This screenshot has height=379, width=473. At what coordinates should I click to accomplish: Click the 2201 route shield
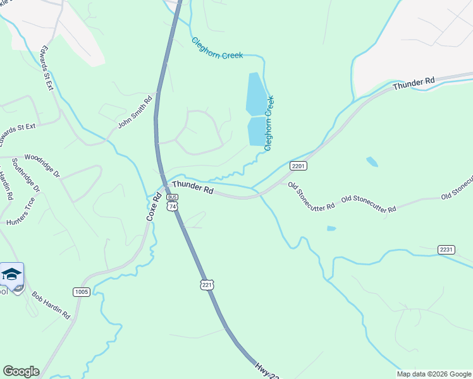[x=298, y=165]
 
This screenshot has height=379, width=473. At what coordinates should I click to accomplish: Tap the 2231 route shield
[x=446, y=250]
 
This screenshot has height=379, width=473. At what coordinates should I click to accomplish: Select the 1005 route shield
[x=82, y=292]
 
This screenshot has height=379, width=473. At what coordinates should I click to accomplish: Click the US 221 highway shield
[x=207, y=285]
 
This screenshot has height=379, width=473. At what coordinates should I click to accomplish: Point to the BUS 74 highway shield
[x=172, y=202]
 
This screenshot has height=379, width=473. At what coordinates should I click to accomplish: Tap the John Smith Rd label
[x=135, y=112]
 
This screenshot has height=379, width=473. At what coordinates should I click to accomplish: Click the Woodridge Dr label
[x=42, y=165]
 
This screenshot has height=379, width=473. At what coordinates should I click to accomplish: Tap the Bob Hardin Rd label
[x=51, y=305]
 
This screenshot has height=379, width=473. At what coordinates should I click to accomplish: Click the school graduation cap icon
[x=11, y=274]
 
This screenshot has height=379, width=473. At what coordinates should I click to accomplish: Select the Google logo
[x=21, y=371]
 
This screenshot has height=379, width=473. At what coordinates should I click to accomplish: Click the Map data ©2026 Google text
[x=434, y=374]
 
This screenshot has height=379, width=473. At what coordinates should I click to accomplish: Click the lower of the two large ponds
[x=257, y=131]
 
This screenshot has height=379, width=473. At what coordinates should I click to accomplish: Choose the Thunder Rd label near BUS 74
[x=193, y=187]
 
